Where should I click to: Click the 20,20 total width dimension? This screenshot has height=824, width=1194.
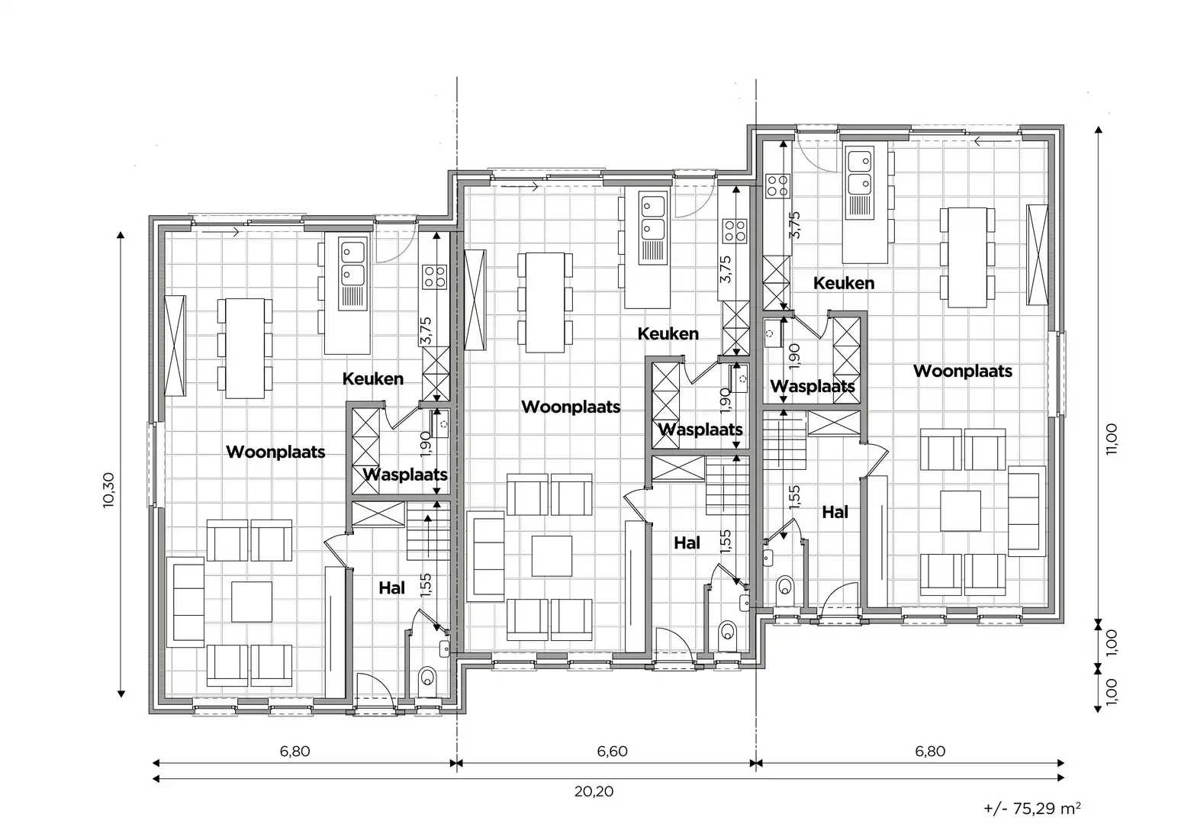pos(594,791)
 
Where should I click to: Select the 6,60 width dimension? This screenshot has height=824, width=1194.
pos(612,751)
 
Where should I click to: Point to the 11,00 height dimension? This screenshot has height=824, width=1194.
pos(1111,439)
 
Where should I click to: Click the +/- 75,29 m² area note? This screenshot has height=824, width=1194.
pos(1031,808)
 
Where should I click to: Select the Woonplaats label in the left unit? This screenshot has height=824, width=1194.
pos(275,452)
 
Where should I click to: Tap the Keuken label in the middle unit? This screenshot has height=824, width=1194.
pos(668,333)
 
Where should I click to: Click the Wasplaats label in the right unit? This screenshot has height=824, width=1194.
pos(812,386)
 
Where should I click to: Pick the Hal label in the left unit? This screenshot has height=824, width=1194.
pos(392,587)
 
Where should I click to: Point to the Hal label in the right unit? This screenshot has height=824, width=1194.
pos(835,512)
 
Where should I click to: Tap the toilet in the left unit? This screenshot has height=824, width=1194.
pos(427,678)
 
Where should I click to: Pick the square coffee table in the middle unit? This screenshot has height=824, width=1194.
pos(552,555)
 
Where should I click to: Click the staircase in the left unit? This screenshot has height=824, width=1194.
pos(428,532)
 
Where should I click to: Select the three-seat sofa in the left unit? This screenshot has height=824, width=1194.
pos(186,602)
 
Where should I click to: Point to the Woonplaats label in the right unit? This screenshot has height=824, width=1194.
pos(962,371)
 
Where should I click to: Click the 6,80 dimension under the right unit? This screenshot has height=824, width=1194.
pos(929,751)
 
